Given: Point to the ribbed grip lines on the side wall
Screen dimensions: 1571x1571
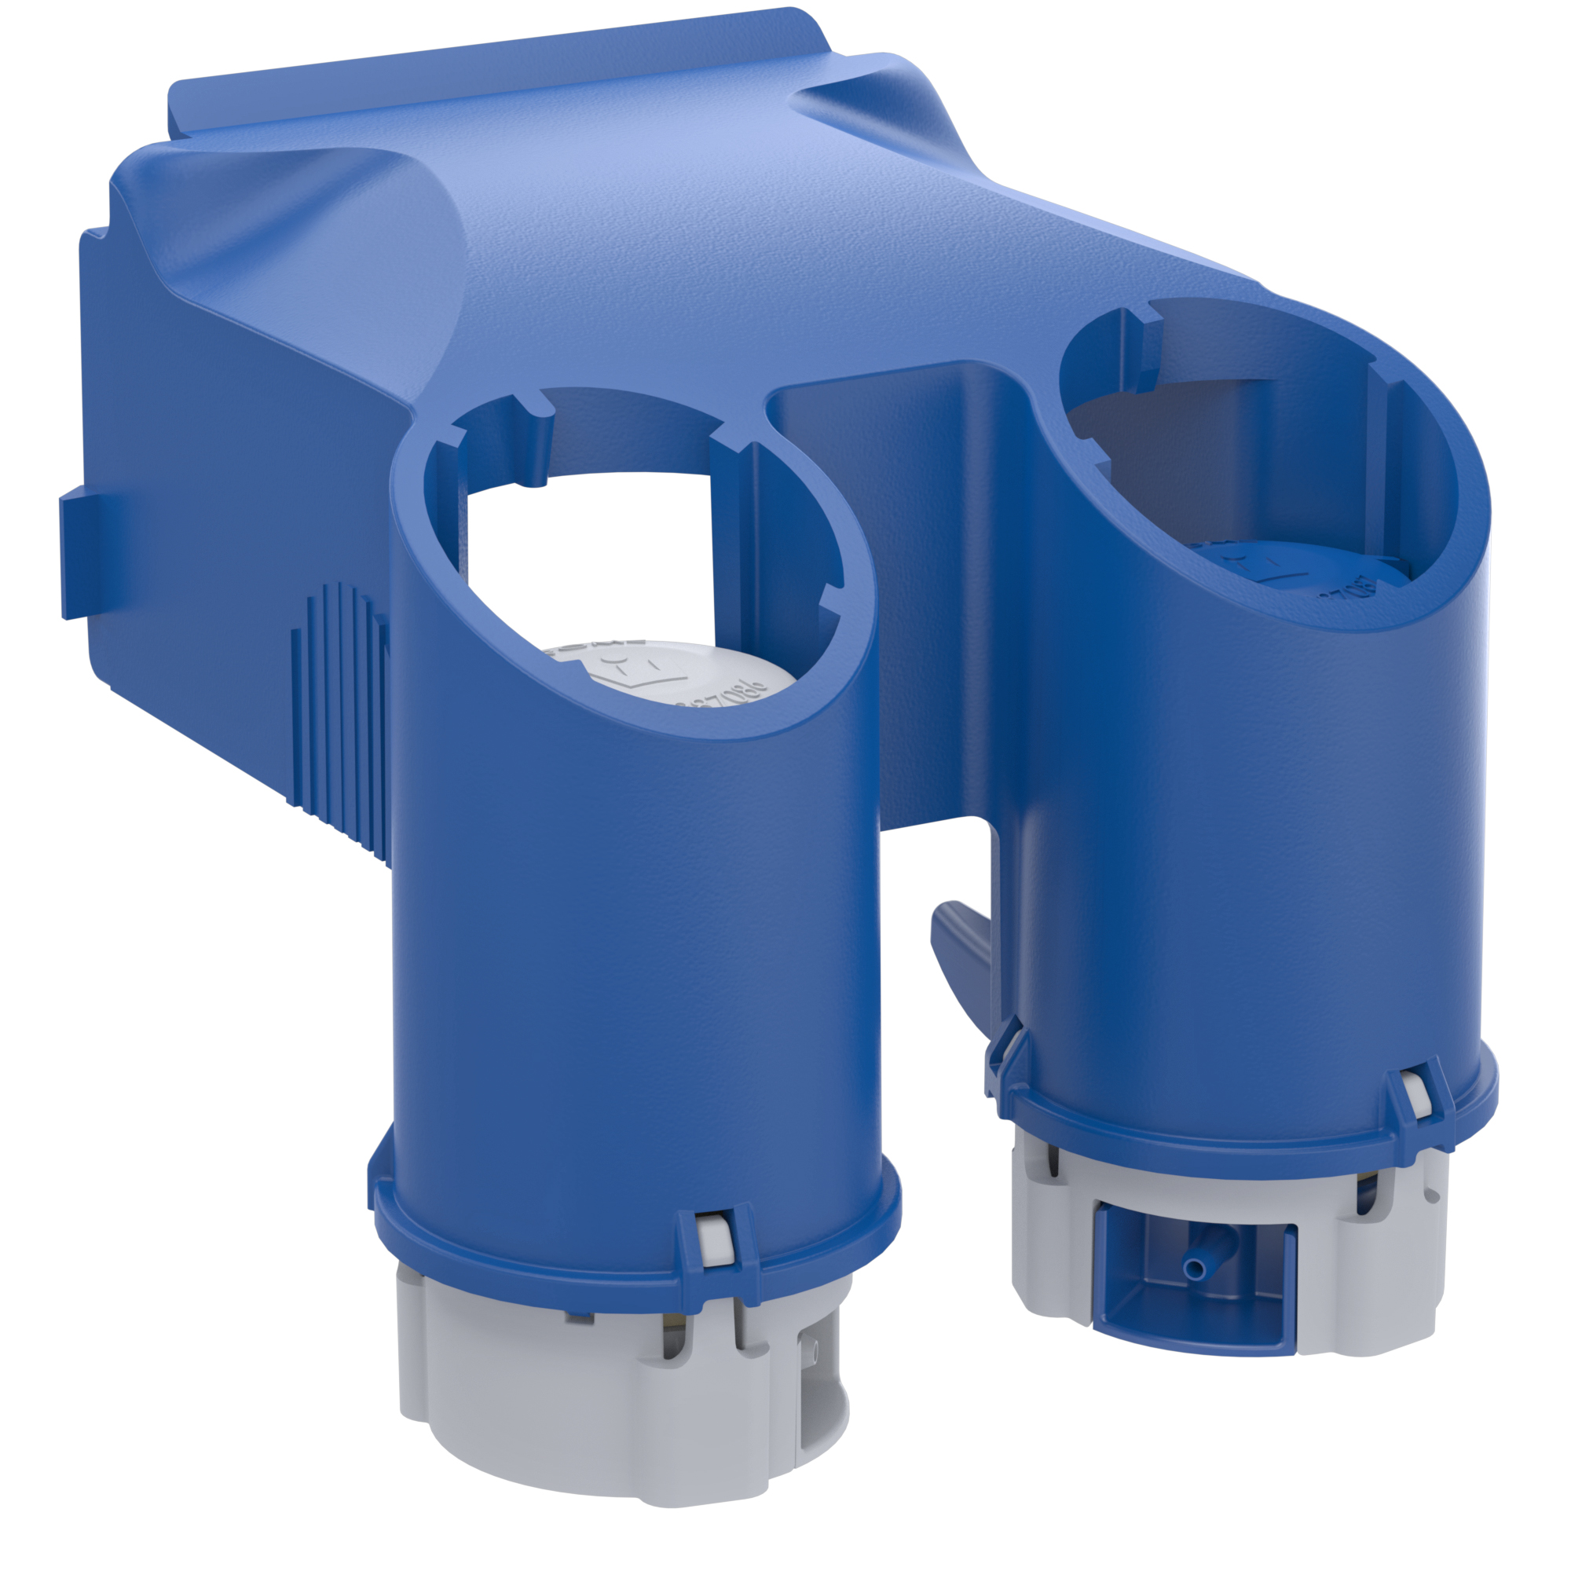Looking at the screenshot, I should pyautogui.click(x=342, y=716).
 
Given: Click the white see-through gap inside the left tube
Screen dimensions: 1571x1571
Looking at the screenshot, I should pyautogui.click(x=585, y=561).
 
